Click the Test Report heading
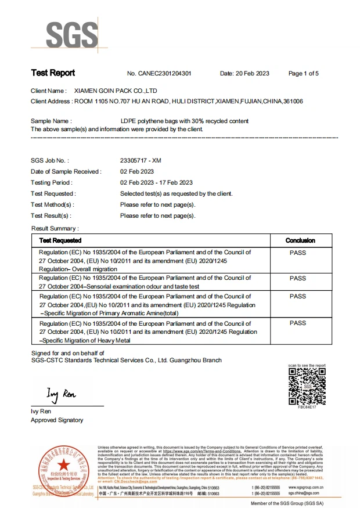[53, 73]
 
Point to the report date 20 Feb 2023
[254, 74]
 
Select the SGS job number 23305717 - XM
[141, 160]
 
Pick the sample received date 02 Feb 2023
[136, 171]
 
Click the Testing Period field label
[52, 182]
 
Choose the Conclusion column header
[300, 240]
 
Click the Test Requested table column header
[60, 240]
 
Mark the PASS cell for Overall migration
[297, 253]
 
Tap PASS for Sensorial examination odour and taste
[297, 279]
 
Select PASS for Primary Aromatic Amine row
[297, 297]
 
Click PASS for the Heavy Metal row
[297, 323]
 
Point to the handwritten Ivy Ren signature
[61, 395]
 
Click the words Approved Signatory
[57, 420]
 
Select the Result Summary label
[55, 229]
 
